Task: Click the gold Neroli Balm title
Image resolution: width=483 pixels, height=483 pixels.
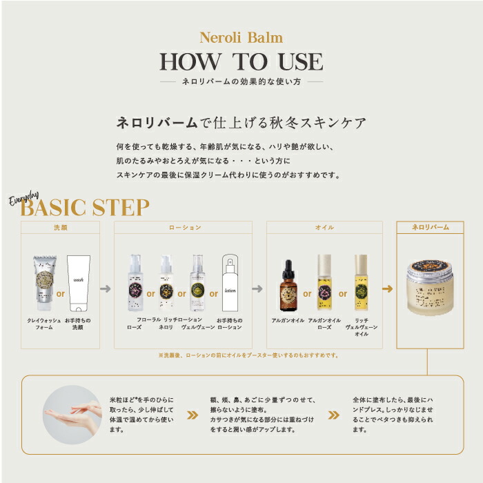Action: pos(241,38)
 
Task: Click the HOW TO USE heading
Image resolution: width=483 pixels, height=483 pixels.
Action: pos(241,62)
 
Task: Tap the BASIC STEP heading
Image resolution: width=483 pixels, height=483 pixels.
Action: pos(84,207)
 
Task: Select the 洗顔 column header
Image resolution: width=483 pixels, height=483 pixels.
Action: pos(61,227)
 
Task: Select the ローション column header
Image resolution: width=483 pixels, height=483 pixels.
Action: pos(185,227)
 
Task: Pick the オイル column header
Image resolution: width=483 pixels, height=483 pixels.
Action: pos(324,227)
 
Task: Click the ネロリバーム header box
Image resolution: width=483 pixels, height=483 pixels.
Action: pos(430,227)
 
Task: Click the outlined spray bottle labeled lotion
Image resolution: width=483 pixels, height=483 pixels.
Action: pos(230,284)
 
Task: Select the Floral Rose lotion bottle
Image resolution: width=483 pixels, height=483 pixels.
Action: pos(135,284)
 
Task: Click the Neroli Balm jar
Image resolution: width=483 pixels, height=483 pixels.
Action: pos(430,285)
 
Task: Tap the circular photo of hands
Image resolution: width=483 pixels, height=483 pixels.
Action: pos(72,414)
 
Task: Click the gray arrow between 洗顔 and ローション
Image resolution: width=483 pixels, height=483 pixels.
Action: pos(106,288)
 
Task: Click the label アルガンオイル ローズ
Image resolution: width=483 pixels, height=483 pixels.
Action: pos(325,324)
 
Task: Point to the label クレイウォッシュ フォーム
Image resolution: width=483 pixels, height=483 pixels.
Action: pos(44,324)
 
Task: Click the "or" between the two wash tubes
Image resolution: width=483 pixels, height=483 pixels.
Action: pos(61,293)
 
